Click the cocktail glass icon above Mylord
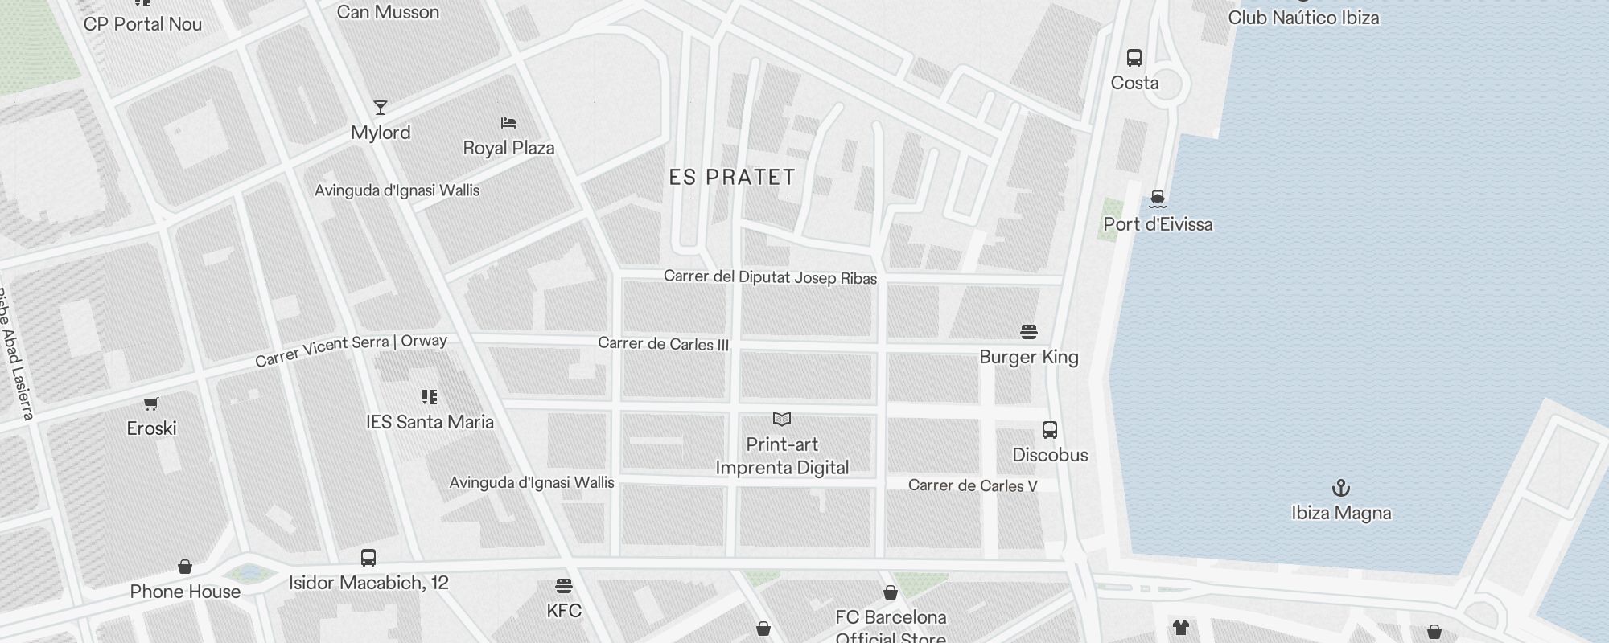(x=381, y=108)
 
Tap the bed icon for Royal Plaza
(x=508, y=123)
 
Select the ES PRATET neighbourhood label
(x=732, y=178)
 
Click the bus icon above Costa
(x=1134, y=58)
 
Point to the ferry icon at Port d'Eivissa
(x=1158, y=199)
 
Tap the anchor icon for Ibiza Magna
(x=1341, y=488)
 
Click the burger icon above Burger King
(x=1029, y=331)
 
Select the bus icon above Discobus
(x=1050, y=430)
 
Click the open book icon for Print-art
(x=782, y=420)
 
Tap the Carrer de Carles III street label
(x=663, y=344)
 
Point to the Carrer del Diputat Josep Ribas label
(x=770, y=277)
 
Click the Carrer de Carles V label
(x=973, y=485)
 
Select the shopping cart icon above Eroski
(x=151, y=403)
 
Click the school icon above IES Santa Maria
(x=430, y=397)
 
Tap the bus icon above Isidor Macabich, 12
(x=368, y=558)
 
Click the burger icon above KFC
(x=564, y=585)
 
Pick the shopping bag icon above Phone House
(x=185, y=567)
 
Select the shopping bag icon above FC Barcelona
(x=891, y=592)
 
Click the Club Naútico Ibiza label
(x=1303, y=18)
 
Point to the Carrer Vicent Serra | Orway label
(x=351, y=350)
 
